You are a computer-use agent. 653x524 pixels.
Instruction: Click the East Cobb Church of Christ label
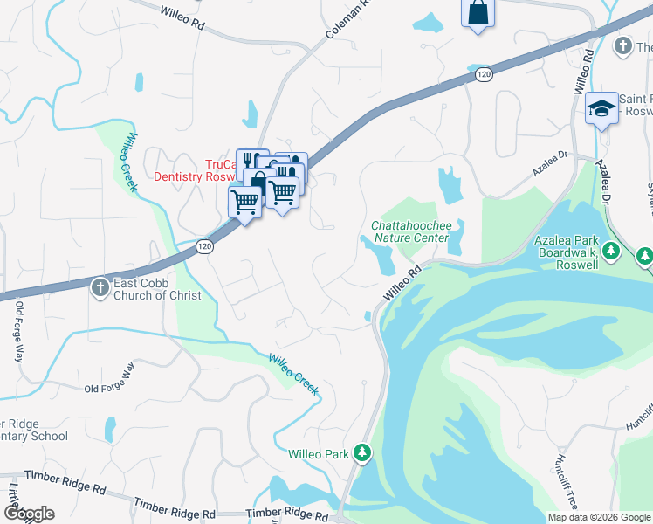point(157,290)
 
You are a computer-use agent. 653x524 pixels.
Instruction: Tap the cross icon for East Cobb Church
point(101,285)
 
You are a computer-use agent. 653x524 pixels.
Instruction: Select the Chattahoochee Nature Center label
point(409,231)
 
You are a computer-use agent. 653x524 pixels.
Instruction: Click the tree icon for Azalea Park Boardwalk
point(644,256)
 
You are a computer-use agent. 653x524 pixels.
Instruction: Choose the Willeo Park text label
point(320,454)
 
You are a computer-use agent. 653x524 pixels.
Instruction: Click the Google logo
point(29,514)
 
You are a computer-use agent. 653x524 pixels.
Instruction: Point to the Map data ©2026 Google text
point(598,517)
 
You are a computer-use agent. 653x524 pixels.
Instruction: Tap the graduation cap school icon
point(601,107)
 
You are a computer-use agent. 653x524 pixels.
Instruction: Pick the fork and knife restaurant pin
point(249,159)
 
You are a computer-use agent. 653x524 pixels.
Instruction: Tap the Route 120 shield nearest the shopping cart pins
point(204,247)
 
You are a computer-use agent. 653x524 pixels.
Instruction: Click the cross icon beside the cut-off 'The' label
point(622,45)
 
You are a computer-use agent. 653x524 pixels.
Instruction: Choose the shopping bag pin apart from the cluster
point(478,12)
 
